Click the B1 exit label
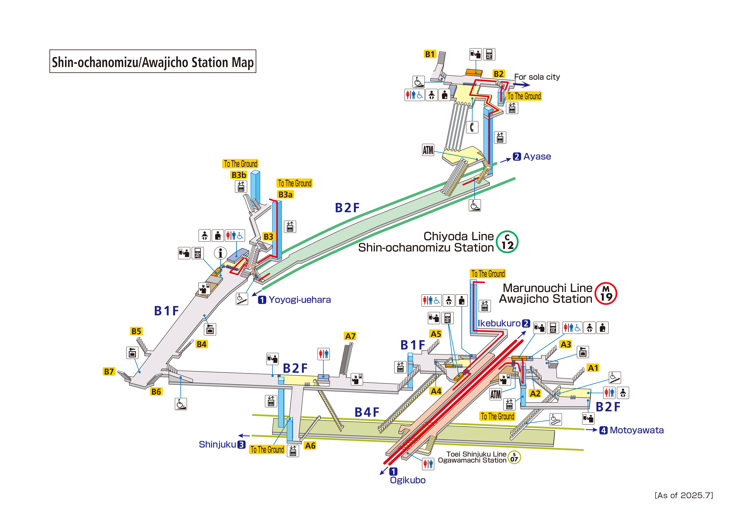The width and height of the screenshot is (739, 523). pyautogui.click(x=430, y=54)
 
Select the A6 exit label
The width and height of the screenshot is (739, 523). pyautogui.click(x=310, y=446)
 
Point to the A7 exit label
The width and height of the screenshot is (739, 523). pyautogui.click(x=350, y=336)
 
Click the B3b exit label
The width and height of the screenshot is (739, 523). pyautogui.click(x=239, y=175)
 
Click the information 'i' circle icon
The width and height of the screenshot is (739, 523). pyautogui.click(x=220, y=253)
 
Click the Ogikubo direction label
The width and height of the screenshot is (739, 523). pyautogui.click(x=408, y=480)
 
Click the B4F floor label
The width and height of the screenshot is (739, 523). pyautogui.click(x=367, y=412)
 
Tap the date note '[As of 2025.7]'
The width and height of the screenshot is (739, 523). pyautogui.click(x=684, y=495)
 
